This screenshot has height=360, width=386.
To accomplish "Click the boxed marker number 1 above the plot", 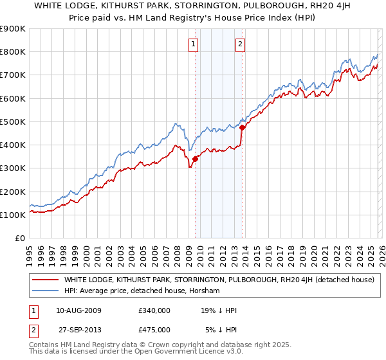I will [194, 44].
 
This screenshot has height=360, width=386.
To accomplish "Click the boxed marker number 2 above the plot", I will [240, 44].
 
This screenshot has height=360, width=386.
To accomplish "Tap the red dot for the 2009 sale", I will [195, 159].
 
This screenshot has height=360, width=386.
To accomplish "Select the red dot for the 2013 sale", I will [242, 127].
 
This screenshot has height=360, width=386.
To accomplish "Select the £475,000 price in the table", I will [154, 330].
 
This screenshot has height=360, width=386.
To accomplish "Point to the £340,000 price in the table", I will [154, 310].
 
